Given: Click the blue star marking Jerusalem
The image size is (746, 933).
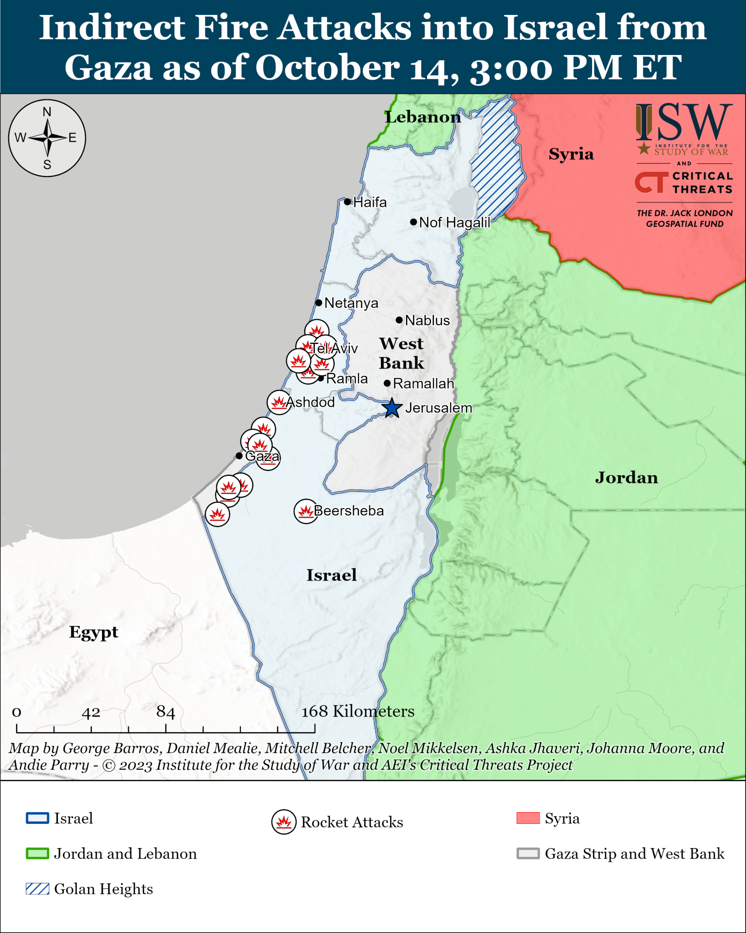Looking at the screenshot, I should [x=392, y=408].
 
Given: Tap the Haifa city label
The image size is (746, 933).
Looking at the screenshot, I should [x=370, y=202].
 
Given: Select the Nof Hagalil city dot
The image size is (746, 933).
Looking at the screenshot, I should [x=413, y=222].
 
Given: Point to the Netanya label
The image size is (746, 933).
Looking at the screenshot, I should [x=351, y=303].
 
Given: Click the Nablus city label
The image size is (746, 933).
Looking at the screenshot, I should [x=427, y=320].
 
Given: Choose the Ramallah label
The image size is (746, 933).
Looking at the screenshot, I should [x=423, y=383].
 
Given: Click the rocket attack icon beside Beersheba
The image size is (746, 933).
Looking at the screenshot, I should [x=306, y=511].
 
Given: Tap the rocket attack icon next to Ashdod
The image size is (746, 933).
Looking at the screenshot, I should [x=279, y=402].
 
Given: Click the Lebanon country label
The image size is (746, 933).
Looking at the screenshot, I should [x=422, y=117].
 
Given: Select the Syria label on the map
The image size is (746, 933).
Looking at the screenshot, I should [x=571, y=154].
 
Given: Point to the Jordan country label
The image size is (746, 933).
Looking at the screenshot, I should [x=626, y=478].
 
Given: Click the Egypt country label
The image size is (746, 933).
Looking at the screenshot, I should [x=94, y=632].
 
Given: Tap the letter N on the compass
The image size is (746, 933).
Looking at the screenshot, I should [x=47, y=112].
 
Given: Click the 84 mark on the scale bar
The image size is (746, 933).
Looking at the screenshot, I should [x=166, y=712].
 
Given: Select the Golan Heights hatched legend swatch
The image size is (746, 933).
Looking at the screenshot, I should [x=37, y=889].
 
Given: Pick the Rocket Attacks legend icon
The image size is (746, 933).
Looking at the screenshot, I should [x=283, y=822].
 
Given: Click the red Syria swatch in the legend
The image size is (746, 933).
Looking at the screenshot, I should [x=528, y=818].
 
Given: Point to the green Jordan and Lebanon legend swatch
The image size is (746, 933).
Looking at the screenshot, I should [x=37, y=854].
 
